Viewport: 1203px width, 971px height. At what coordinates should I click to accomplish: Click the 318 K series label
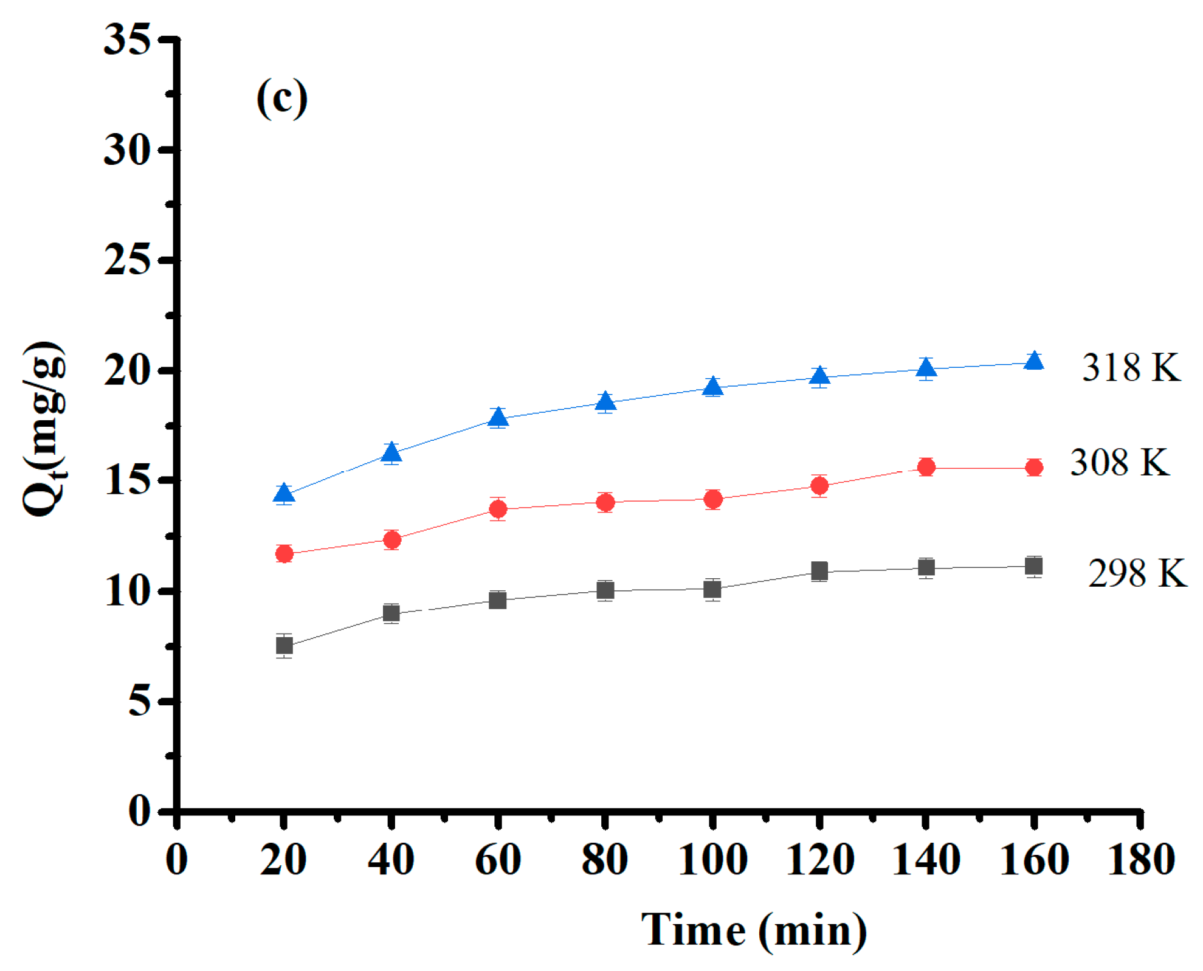[x=1130, y=368]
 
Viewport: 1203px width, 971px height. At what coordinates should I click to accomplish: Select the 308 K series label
[x=1119, y=463]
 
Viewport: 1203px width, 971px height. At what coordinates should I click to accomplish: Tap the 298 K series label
[x=1136, y=573]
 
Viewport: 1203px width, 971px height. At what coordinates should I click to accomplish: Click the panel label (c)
[x=281, y=98]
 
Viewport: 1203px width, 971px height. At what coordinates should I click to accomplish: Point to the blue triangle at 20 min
[x=284, y=493]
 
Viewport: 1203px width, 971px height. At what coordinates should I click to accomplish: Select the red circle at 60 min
[x=498, y=508]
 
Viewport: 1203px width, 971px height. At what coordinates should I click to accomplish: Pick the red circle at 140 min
[x=926, y=467]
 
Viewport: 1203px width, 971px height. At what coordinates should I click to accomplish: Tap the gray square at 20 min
[x=284, y=645]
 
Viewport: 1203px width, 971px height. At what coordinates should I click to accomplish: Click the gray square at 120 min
[x=819, y=571]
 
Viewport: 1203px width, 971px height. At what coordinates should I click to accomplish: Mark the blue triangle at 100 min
[x=712, y=386]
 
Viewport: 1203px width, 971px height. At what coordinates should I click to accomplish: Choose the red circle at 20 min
[x=284, y=553]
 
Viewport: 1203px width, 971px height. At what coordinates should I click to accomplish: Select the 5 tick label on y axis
[x=139, y=702]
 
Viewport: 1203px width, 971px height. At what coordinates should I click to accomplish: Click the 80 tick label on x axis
[x=604, y=860]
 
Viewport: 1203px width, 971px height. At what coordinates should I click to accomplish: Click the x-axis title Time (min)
[x=754, y=930]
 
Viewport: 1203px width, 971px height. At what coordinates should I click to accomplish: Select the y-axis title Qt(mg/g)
[x=44, y=429]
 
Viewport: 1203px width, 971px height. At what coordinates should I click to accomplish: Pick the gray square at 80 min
[x=605, y=590]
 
